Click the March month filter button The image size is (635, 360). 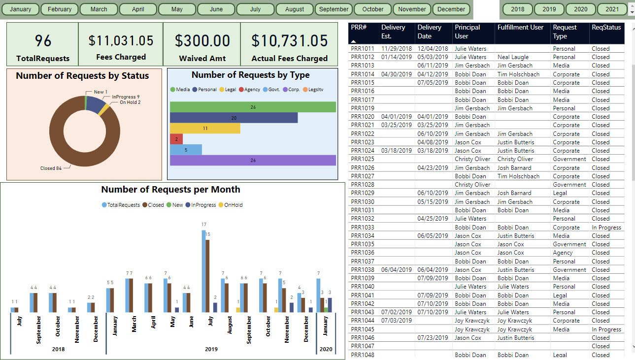99,9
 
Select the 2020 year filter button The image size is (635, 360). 581,9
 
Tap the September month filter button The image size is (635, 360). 334,9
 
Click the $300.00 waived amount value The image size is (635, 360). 202,40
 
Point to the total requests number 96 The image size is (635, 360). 43,40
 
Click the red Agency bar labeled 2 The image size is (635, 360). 176,139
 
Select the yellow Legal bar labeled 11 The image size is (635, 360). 205,129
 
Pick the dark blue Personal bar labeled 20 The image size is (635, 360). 234,118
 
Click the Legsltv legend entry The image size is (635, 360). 313,90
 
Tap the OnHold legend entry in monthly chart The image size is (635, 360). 231,205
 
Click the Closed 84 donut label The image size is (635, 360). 51,168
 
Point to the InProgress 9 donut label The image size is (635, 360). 126,97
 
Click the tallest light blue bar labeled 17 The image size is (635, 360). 203,271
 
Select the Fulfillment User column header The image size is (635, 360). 520,27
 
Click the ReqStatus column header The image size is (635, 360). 606,27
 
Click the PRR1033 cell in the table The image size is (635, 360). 362,228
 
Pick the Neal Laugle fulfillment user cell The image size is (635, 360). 513,57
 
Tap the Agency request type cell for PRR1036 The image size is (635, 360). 563,253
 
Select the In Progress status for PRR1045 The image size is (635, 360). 606,329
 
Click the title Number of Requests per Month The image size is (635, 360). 170,189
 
